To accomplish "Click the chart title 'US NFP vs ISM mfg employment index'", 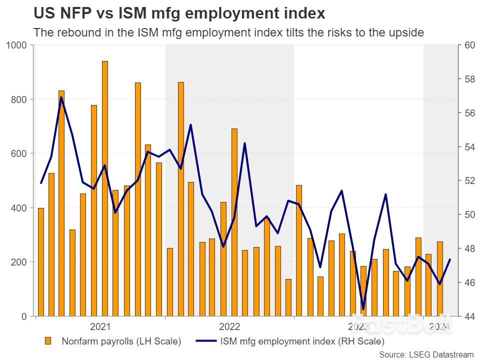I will point(179,13).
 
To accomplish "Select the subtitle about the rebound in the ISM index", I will point(228,33).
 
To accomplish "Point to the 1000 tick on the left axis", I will point(18,45).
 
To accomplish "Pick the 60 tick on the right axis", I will point(469,45).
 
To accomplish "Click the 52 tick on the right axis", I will point(469,181).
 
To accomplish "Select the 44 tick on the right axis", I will point(469,316).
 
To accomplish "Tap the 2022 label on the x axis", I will point(229,327).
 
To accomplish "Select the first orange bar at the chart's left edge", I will point(41,262).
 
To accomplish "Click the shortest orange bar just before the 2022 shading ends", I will point(288,297).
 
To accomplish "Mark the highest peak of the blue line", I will point(61,97).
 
